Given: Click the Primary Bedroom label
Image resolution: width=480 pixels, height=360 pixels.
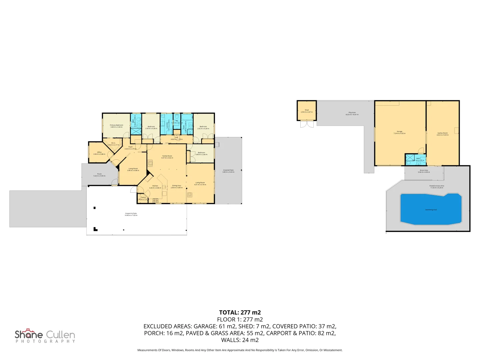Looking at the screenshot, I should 116,125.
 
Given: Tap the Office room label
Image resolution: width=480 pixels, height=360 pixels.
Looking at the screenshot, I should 99,152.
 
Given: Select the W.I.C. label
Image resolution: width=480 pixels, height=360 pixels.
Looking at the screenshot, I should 113,143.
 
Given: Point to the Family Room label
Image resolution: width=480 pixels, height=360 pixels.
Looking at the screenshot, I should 167,156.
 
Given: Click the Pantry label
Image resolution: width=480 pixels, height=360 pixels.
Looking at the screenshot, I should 143,197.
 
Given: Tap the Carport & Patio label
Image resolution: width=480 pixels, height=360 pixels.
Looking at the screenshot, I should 131,213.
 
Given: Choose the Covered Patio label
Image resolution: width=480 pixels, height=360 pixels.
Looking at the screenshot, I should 228,170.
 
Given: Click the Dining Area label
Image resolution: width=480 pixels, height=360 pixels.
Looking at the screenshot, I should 176,186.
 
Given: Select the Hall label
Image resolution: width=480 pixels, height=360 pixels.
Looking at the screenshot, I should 177,137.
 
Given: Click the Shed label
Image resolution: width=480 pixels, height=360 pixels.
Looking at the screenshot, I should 307,110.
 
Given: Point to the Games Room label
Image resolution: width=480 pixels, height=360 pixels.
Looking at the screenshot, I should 443,133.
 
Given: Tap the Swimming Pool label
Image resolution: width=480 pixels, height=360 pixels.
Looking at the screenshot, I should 431,210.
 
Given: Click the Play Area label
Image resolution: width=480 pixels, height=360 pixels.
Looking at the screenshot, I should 352,113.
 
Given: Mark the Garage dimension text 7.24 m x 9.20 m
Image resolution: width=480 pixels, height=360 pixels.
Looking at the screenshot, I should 399,133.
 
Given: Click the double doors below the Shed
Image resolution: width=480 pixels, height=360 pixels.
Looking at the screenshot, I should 307,124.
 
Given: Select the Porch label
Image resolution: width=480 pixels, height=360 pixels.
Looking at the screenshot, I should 99,174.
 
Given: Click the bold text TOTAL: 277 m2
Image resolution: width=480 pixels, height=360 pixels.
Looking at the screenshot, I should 240,312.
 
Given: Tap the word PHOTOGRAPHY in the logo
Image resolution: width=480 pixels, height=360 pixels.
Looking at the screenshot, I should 45,341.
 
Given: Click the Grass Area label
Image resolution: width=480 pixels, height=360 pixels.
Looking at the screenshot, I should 424,170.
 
